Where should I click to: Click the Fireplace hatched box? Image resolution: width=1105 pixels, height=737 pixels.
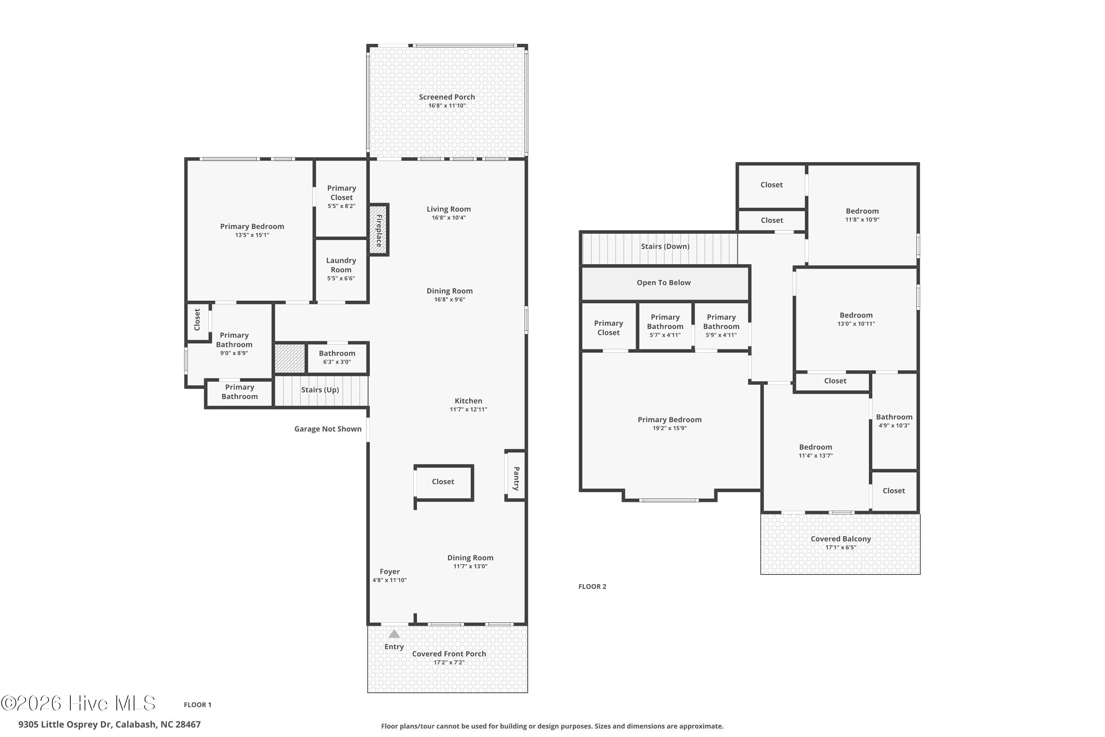(379, 230)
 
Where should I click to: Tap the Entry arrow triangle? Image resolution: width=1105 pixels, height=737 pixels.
(394, 634)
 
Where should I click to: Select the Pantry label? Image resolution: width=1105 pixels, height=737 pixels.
(516, 478)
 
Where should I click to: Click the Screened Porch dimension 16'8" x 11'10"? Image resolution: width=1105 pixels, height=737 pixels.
(447, 106)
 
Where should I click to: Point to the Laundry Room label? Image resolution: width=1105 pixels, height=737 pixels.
(341, 265)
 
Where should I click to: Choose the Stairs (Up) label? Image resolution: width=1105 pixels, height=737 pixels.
(320, 390)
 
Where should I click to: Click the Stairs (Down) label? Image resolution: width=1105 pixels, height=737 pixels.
(665, 246)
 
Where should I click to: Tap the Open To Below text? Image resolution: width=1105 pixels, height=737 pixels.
(664, 283)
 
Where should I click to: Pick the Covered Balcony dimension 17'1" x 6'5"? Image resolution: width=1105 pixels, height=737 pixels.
(841, 548)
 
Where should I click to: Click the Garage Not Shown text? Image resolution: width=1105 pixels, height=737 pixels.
(328, 429)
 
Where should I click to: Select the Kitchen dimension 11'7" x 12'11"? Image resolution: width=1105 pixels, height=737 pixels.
(469, 409)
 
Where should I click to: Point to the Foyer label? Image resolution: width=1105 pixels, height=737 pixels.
(389, 572)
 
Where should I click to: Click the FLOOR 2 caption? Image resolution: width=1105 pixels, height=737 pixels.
(592, 587)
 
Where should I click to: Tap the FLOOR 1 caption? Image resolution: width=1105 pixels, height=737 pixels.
(198, 705)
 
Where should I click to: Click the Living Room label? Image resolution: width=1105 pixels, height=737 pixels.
(449, 209)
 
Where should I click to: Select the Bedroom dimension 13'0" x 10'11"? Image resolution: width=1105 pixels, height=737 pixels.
(856, 324)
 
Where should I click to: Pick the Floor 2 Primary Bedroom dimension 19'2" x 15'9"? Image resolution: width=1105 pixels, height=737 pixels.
(670, 428)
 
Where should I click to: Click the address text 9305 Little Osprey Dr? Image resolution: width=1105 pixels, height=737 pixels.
(65, 724)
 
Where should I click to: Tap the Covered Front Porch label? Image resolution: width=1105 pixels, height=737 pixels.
(449, 654)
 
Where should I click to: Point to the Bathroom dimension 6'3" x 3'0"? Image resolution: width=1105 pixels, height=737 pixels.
(337, 362)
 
